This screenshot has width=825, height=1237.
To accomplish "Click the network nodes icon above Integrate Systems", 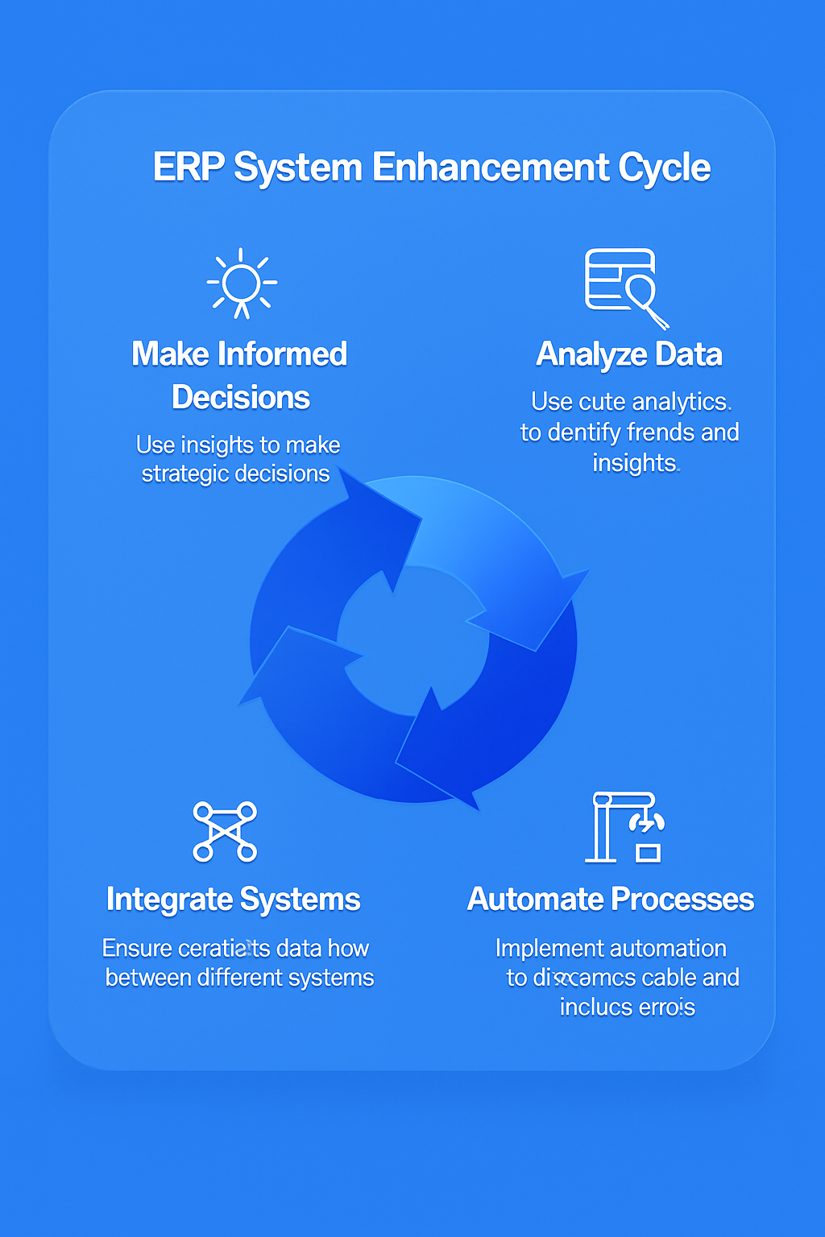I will [x=225, y=831].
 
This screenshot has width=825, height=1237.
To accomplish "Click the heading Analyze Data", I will [x=628, y=354].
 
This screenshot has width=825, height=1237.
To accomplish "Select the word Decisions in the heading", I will [x=240, y=398].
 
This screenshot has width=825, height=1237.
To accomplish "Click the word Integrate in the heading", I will [x=169, y=900].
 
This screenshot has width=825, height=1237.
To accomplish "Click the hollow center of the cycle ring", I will [x=413, y=640].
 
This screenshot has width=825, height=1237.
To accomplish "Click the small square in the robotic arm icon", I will [x=648, y=852].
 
